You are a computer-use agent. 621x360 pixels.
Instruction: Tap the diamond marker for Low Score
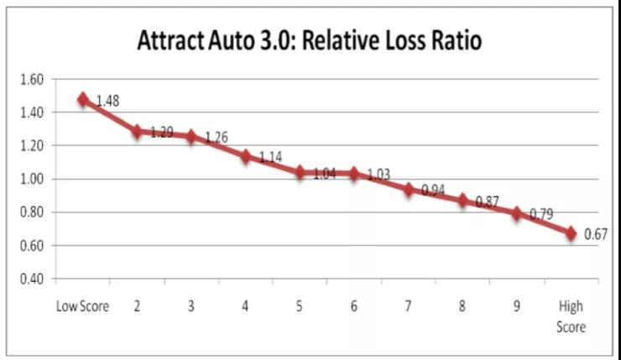pos(83,99)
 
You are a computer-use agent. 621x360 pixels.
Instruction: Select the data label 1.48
pos(107,102)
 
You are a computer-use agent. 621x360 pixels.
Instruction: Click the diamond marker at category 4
pos(246,156)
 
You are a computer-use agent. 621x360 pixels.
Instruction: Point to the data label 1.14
pos(271,157)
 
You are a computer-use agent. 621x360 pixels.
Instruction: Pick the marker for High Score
pos(571,234)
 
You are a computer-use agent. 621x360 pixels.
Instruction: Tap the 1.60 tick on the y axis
pos(30,80)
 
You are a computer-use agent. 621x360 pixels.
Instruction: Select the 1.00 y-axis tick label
pos(30,179)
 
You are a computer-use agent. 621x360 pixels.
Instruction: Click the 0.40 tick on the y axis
pos(30,279)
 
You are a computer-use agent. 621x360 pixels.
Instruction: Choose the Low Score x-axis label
pos(82,306)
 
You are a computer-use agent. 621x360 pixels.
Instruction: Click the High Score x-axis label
pos(571,316)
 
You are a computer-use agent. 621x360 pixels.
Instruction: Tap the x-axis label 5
pos(300,306)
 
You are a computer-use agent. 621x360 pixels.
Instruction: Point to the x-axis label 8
pos(462,306)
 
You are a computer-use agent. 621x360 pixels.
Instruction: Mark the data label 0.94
pos(433,190)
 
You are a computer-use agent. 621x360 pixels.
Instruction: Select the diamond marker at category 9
pos(517,213)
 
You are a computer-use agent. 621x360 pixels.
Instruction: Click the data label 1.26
pos(216,138)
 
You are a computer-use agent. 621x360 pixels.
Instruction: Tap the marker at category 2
pos(137,131)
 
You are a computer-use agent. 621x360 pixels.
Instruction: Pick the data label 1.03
pos(379,174)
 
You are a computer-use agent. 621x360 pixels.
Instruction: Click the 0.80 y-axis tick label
pos(30,212)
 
